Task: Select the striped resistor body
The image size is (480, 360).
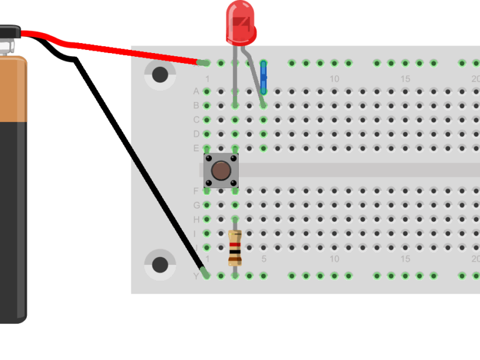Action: (x=235, y=248)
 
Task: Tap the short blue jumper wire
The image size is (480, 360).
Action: (x=263, y=78)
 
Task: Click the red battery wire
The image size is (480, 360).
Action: (x=125, y=49)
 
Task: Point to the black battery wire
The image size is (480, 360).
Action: (x=137, y=162)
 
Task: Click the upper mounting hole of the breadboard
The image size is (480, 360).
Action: (x=160, y=75)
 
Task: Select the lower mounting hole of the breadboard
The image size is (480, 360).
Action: (x=160, y=264)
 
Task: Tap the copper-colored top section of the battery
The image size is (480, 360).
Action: (x=12, y=87)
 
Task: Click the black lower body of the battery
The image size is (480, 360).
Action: (x=12, y=219)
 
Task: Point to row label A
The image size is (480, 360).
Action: (x=196, y=91)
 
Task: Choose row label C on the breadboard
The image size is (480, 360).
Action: (x=196, y=120)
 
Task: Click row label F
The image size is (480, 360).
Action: (x=196, y=191)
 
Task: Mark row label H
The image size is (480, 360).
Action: (x=196, y=220)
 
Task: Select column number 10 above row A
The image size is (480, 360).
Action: (x=334, y=79)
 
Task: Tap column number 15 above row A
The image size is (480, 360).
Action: (x=406, y=79)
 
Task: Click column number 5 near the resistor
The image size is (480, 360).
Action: (x=264, y=259)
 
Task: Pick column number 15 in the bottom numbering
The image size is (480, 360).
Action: (x=406, y=259)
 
